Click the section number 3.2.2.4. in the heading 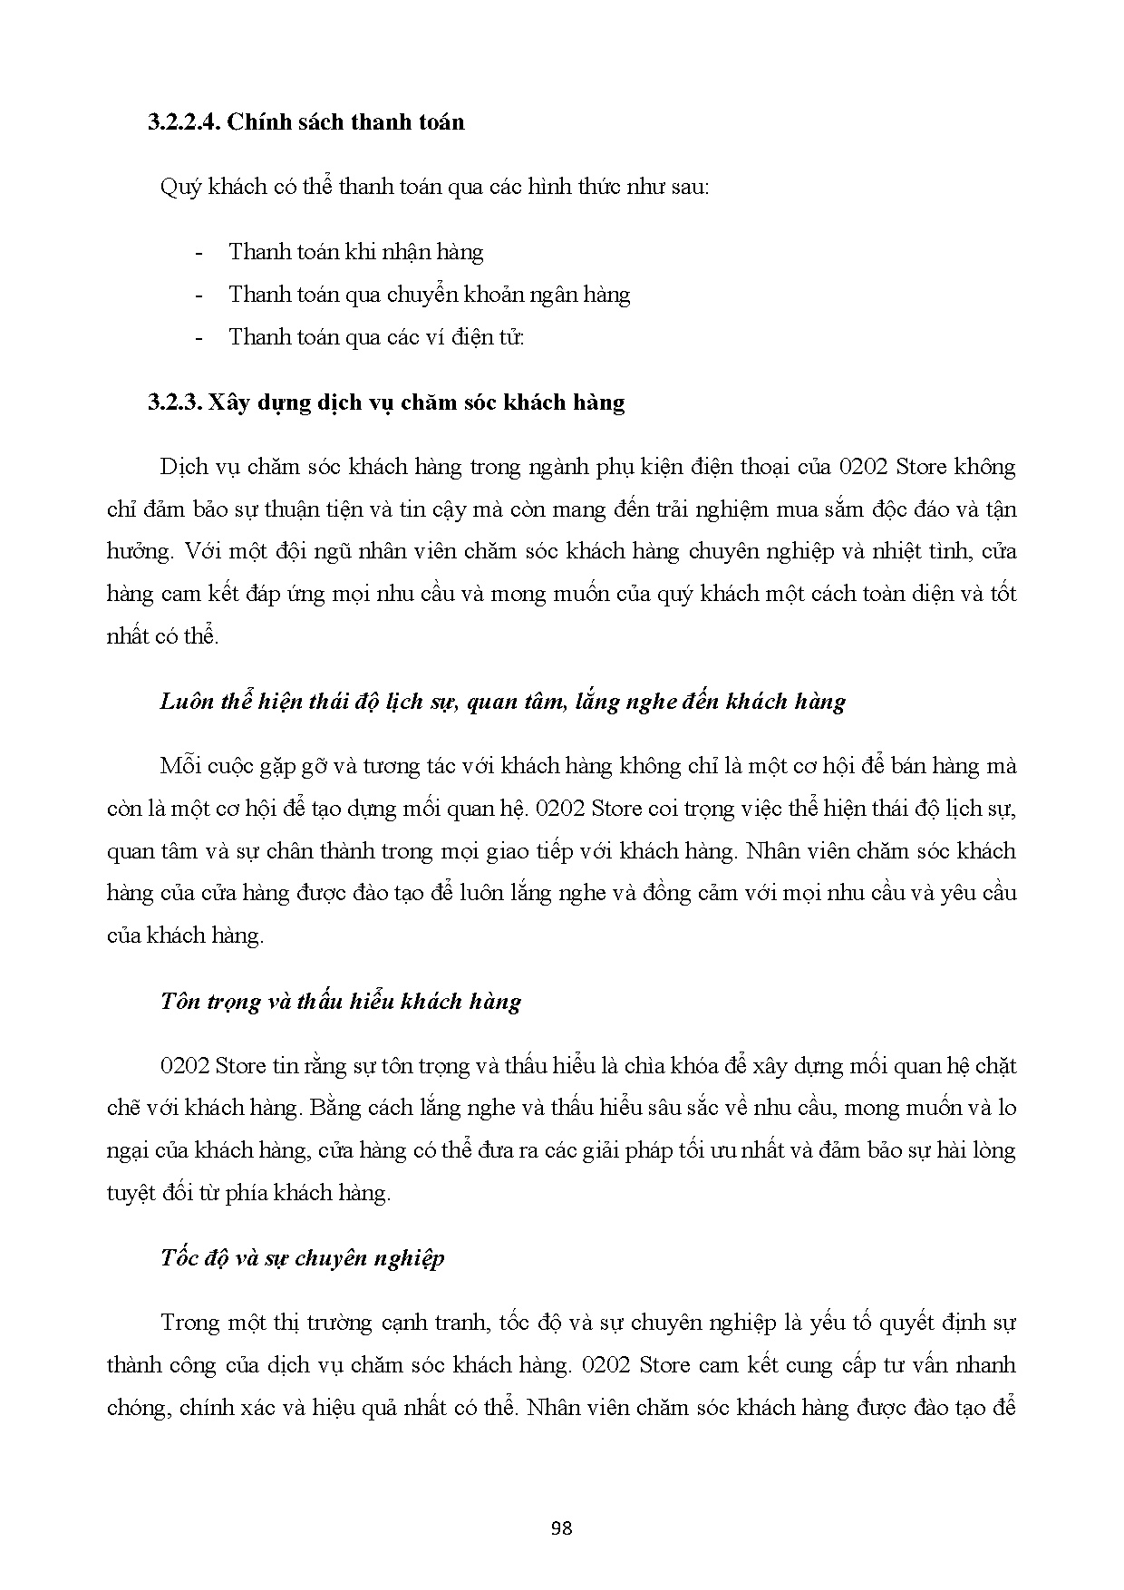click(x=184, y=121)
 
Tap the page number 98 click(x=561, y=1528)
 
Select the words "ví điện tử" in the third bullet click(x=485, y=337)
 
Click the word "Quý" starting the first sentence click(x=178, y=188)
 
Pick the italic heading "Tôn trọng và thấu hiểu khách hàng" click(x=340, y=1001)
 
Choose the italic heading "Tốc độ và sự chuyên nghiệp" click(x=302, y=1258)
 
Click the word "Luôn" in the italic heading click(x=187, y=702)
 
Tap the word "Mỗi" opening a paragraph click(x=179, y=766)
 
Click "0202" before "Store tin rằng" click(x=184, y=1065)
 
